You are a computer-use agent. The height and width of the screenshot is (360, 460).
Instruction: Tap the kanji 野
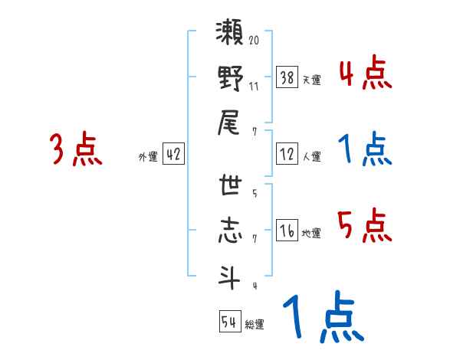pyautogui.click(x=231, y=79)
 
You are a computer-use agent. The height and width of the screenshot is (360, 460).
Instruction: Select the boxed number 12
pyautogui.click(x=287, y=154)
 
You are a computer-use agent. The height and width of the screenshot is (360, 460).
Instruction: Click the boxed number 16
pyautogui.click(x=287, y=230)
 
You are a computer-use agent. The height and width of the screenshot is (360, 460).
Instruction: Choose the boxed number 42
pyautogui.click(x=173, y=154)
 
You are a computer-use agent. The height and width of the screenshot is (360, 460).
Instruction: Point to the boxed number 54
pyautogui.click(x=229, y=322)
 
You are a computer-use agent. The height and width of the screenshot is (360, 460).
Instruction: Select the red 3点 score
pyautogui.click(x=76, y=149)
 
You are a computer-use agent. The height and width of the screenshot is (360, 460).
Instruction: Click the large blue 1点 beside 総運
pyautogui.click(x=322, y=318)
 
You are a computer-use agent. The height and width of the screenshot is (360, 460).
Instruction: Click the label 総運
pyautogui.click(x=255, y=325)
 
